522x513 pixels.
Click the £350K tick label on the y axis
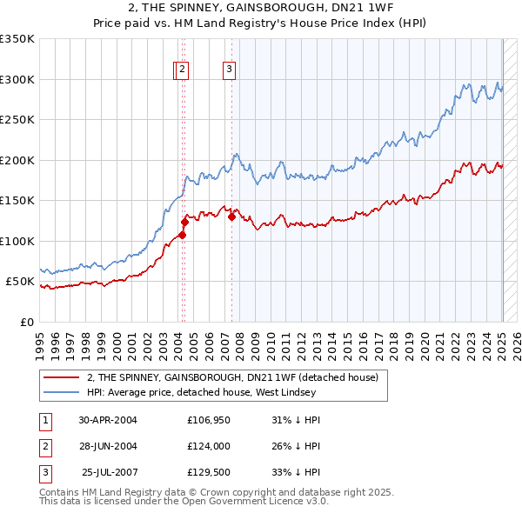17,39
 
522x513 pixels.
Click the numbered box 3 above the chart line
229,70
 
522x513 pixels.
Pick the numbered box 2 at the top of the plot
183,70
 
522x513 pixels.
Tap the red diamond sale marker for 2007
232,217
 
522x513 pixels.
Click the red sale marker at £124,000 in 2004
184,222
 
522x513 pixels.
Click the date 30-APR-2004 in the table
107,419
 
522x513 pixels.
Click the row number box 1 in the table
44,419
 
